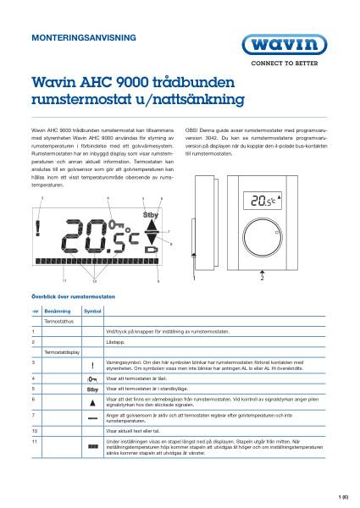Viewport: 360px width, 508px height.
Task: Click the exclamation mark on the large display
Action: [x=38, y=229]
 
